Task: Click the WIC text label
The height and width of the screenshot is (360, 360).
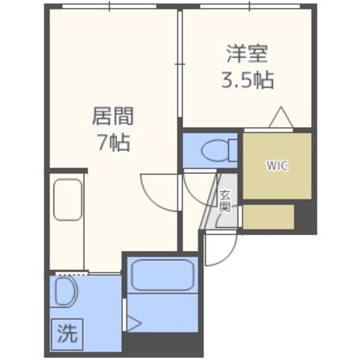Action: click(277, 165)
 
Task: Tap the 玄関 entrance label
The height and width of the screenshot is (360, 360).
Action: click(225, 201)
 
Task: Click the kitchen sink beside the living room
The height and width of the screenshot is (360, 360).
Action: click(68, 200)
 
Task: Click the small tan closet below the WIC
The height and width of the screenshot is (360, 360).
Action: click(268, 217)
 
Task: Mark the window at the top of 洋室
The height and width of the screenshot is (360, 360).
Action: click(250, 6)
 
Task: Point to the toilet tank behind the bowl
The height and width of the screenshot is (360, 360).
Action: click(233, 150)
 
